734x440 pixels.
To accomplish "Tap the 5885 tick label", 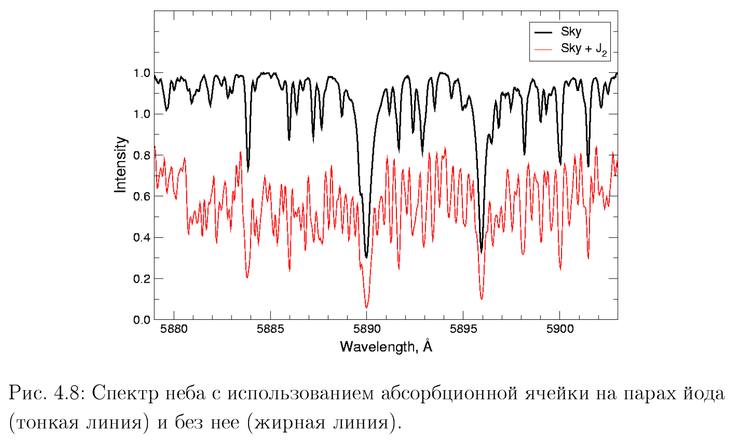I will point(270,329).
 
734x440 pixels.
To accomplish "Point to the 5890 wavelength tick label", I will point(367,329).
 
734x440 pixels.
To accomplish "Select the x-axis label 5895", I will point(463,329).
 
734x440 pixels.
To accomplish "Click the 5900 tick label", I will point(559,329).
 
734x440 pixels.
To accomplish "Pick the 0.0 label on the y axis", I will point(141,320).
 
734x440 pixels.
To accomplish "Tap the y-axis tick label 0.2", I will point(141,279).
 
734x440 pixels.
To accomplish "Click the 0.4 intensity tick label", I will point(141,237).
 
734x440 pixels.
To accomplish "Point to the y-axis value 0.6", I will point(141,196).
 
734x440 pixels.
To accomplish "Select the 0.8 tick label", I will point(141,155).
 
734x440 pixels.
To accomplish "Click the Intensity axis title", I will point(120,164).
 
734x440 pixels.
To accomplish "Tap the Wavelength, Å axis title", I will point(386,346).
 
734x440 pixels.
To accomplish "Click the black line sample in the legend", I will point(543,32).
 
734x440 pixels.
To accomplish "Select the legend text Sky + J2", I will point(584,49).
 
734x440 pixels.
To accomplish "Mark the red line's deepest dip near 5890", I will point(366,306).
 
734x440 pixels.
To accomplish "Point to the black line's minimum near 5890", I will point(366,256).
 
